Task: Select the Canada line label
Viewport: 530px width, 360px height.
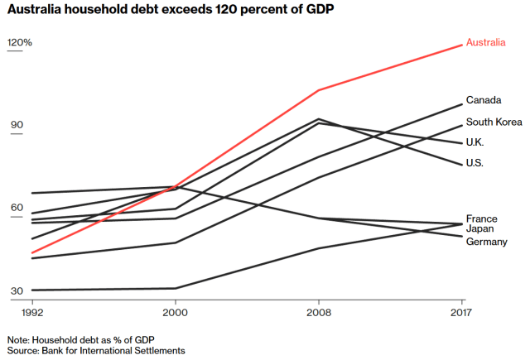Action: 484,100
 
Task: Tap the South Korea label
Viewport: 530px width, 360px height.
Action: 494,122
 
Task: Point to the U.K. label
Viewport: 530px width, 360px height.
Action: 476,142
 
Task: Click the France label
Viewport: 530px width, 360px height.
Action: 481,218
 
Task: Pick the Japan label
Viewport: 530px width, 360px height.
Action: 480,228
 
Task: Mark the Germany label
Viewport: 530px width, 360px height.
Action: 486,241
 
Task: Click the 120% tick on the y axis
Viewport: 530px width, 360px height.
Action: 19,42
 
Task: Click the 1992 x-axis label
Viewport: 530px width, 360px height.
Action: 31,314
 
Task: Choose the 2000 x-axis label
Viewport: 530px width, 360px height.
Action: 175,314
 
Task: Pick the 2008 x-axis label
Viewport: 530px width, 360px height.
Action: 318,314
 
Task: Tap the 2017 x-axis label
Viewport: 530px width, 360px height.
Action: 462,314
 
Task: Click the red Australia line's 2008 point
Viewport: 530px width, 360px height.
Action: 318,90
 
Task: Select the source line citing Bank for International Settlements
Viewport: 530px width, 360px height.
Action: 96,351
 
